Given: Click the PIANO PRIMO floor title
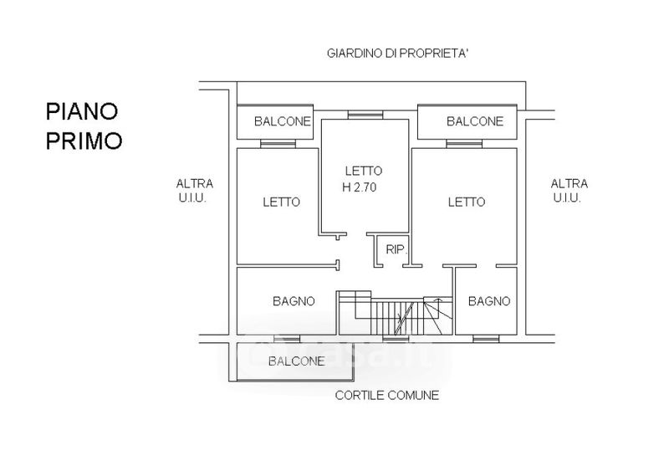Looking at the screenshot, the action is tap(84, 126).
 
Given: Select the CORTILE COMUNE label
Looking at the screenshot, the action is tap(387, 395).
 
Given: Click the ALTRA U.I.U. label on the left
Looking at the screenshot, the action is tap(195, 191).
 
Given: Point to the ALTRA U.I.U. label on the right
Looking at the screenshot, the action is tap(569, 191).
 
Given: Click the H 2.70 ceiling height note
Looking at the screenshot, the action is tap(360, 187).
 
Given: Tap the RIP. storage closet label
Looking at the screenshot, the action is tap(396, 249).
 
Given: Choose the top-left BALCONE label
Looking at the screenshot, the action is tap(283, 121).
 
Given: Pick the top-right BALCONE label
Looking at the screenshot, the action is tap(475, 121).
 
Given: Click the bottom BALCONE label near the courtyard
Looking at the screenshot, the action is tap(297, 361).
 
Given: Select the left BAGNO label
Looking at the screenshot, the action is tap(294, 301).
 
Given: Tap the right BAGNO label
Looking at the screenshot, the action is tap(489, 301).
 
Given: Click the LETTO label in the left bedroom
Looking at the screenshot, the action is tap(282, 202).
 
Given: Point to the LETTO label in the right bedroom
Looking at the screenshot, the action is tap(467, 202).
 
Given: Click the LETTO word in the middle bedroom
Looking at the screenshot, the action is tap(364, 172).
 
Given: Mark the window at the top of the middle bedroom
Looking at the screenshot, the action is tap(365, 115).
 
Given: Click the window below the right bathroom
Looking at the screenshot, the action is tap(486, 339).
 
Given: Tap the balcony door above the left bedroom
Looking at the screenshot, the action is tap(278, 144).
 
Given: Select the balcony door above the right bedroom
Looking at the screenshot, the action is tap(464, 144).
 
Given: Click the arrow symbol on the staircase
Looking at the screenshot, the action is tap(437, 300).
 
